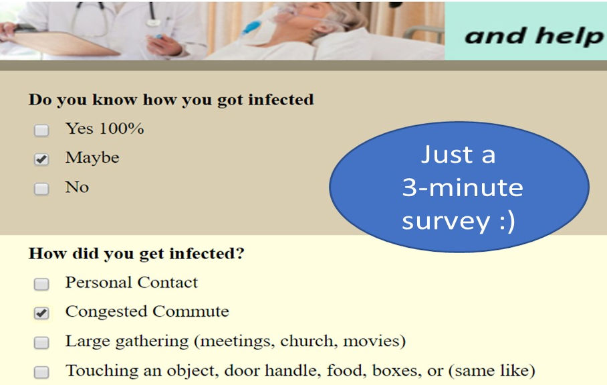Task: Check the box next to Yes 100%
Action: click(41, 130)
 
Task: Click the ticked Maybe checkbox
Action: click(41, 159)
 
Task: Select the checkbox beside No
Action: click(41, 189)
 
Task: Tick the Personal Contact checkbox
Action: click(41, 284)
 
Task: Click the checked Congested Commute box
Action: click(41, 313)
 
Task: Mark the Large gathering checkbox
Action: click(41, 342)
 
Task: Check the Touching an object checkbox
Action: click(41, 372)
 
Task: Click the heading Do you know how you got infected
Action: click(171, 100)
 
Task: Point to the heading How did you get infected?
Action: click(136, 254)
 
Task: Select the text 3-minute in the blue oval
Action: click(463, 187)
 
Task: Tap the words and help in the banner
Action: click(533, 36)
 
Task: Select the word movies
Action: click(374, 341)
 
